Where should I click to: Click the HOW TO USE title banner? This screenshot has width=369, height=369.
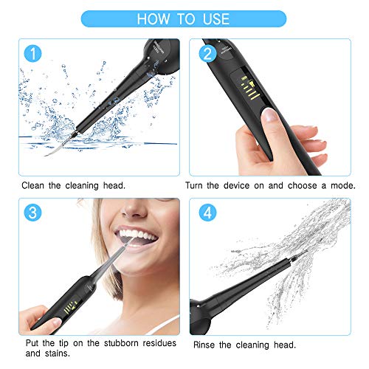184,18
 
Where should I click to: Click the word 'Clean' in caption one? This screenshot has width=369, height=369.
34,187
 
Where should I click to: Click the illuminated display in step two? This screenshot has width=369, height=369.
255,88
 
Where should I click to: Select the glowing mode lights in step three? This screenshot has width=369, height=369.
71,307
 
